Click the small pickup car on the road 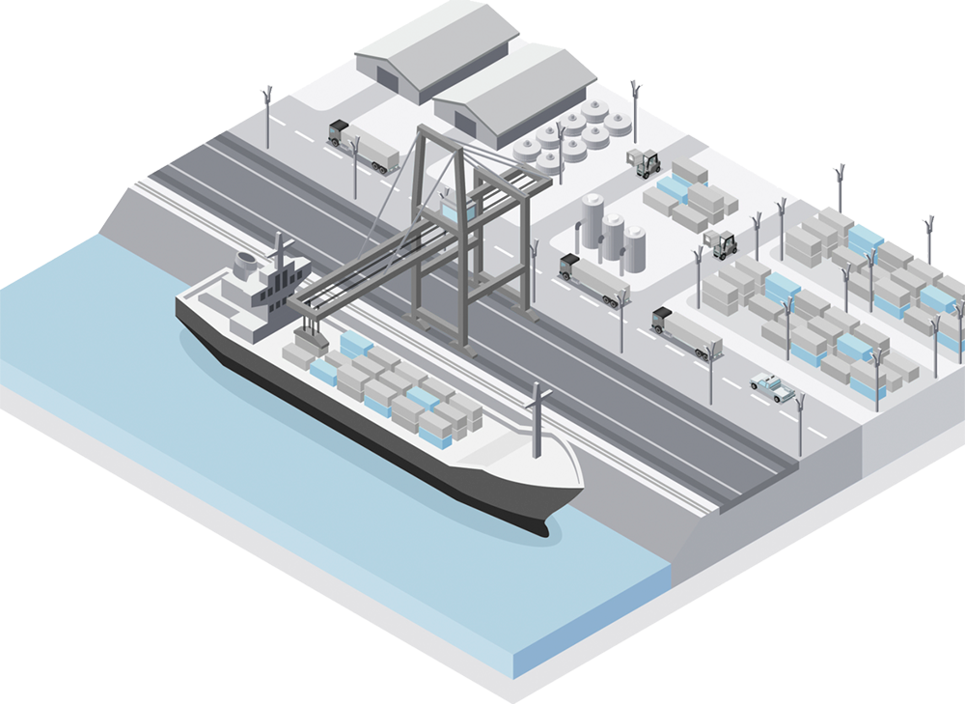click(774, 387)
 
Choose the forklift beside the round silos click(645, 162)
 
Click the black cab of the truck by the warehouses click(339, 131)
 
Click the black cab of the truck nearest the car click(662, 320)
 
